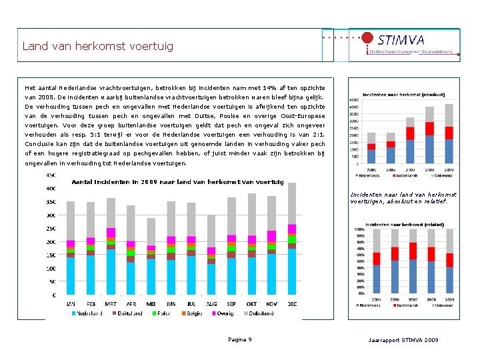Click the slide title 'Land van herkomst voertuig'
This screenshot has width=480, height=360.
pos(97,46)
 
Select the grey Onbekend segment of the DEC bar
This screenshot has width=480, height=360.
pos(292,203)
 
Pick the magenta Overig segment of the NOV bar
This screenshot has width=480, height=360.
pos(272,235)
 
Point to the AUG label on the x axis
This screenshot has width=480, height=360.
pos(211,303)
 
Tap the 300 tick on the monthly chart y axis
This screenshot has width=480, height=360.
pos(51,215)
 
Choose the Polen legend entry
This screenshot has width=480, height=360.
pos(160,312)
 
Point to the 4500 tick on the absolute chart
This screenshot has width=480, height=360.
pos(354,101)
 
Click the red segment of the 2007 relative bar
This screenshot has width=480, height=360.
pos(413,251)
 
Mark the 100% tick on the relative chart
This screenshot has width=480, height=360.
pos(359,229)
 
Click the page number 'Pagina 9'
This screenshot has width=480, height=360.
pos(240,339)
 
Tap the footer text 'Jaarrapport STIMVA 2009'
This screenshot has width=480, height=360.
pos(403,340)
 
